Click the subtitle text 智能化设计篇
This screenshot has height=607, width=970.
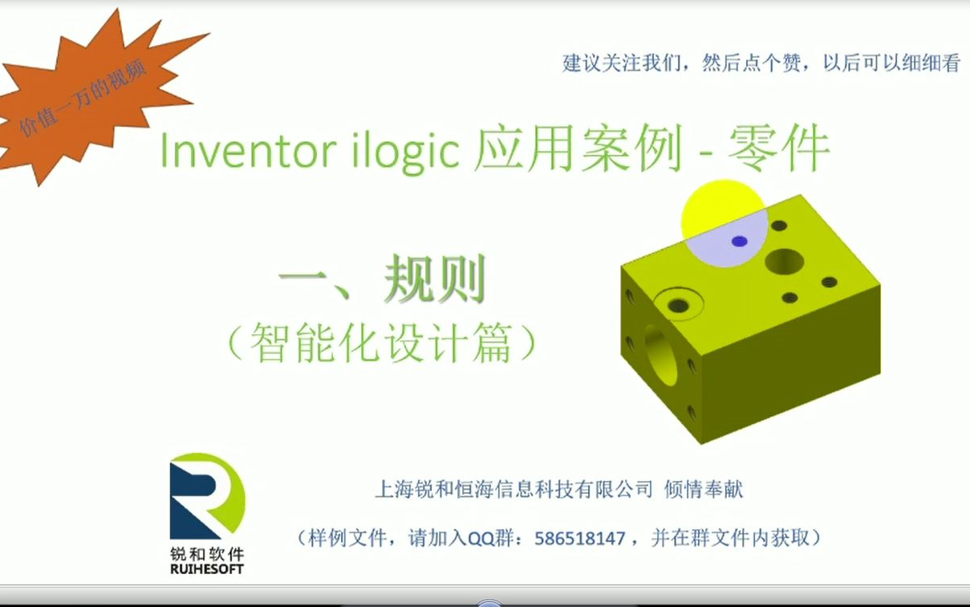coord(382,344)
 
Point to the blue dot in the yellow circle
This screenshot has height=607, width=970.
coord(740,241)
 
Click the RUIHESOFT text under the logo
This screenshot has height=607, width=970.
coord(207,569)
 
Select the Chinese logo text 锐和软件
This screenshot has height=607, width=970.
coord(207,553)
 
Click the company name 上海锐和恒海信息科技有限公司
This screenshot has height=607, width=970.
coord(514,489)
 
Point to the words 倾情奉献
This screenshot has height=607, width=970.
coord(704,489)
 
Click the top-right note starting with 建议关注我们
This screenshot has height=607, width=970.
coord(761,63)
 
